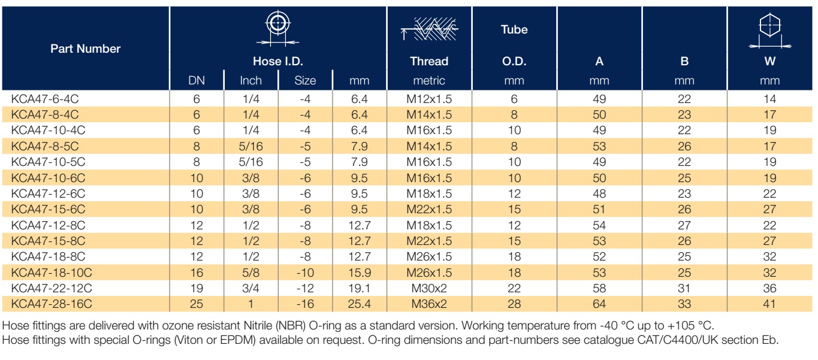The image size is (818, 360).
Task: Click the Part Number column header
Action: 86,49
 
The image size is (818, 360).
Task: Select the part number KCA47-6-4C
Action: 45,99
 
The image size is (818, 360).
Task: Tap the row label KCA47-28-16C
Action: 52,304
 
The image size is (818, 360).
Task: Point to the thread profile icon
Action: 429,29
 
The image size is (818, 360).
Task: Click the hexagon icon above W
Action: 770,31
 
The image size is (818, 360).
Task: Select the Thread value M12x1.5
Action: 429,99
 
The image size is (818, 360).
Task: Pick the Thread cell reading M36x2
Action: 429,304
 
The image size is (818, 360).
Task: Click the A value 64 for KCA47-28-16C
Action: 599,304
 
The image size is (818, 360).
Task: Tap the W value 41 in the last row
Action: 769,304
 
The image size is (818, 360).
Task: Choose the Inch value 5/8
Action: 251,273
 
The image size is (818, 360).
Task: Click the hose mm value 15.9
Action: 360,273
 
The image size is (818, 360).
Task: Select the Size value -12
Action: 305,289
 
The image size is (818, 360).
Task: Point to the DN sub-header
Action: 197,80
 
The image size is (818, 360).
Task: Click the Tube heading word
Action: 514,29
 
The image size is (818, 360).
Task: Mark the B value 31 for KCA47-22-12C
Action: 684,289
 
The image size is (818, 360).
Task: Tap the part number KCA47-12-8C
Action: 48,225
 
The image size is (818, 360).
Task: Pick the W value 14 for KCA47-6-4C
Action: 770,99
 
